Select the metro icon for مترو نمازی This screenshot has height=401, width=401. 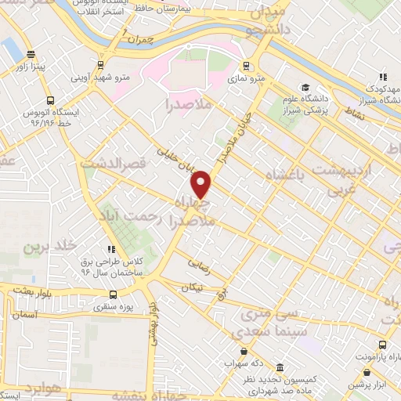pos(246,66)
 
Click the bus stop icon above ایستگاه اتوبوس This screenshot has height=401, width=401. pos(50,100)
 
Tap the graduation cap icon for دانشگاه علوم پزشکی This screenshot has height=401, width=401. pos(305,88)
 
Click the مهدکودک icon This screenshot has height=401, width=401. pos(383,77)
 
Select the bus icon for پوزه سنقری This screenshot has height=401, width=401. pos(114,295)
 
